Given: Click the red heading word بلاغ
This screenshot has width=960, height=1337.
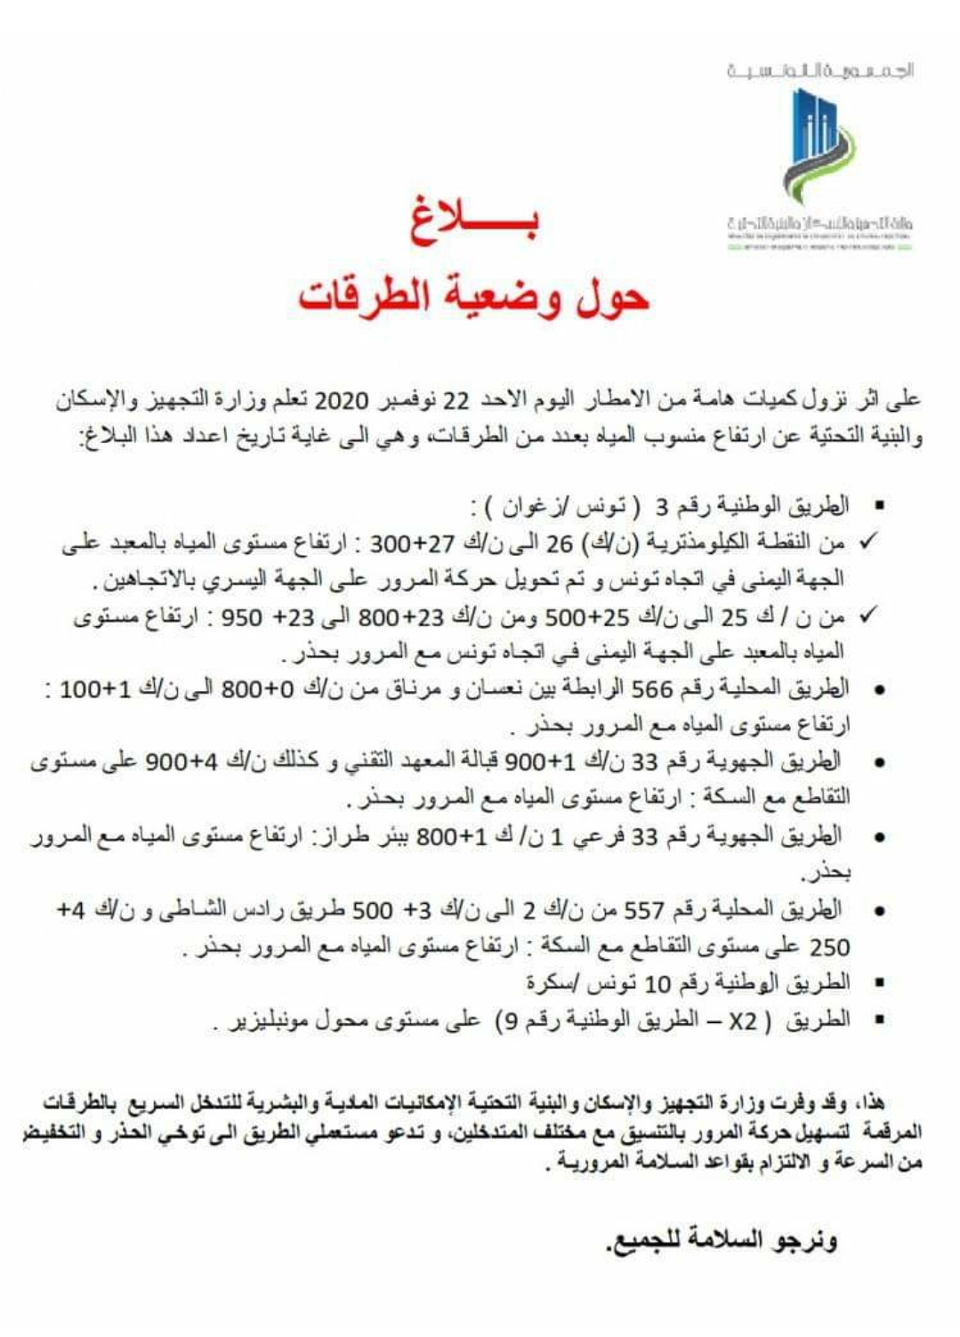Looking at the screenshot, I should (x=473, y=223).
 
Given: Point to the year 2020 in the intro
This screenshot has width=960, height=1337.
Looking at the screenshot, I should (x=343, y=400).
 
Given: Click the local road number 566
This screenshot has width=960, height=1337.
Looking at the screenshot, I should (x=655, y=689).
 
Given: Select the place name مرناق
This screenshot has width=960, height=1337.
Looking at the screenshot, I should (x=394, y=689).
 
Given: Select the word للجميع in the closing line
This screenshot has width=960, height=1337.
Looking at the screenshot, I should (x=646, y=1240).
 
